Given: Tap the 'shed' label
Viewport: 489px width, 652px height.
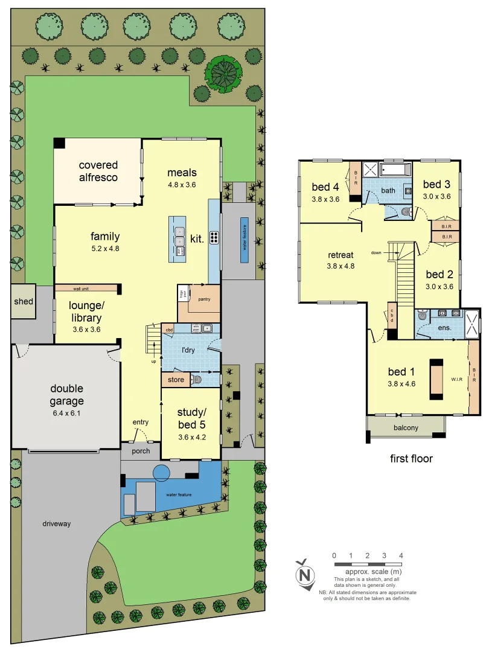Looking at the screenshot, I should click(x=24, y=301).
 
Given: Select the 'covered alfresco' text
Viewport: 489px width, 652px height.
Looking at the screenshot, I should click(x=98, y=171).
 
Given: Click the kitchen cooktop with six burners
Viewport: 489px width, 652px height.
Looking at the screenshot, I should click(x=214, y=238).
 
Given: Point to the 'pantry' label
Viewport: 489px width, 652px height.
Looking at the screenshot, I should click(x=204, y=299).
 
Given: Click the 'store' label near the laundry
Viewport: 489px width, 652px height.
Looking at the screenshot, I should click(x=176, y=380).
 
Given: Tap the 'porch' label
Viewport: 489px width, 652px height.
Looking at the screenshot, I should click(x=141, y=451).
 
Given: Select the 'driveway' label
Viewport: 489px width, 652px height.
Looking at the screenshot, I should click(x=56, y=523).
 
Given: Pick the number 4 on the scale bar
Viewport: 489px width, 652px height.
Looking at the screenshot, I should click(x=401, y=555).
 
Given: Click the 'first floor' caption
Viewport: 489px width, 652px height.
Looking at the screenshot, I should click(x=412, y=459).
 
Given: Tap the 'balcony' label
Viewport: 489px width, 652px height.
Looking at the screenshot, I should click(x=406, y=428).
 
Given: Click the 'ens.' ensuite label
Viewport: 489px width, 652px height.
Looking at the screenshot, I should click(x=444, y=328).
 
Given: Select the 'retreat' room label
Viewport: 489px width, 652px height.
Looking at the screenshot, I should click(x=340, y=254).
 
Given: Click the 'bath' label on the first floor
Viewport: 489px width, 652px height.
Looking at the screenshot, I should click(x=388, y=191).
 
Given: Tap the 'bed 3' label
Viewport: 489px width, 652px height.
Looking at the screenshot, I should click(x=436, y=184).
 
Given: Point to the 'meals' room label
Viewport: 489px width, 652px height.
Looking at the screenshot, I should click(x=182, y=173).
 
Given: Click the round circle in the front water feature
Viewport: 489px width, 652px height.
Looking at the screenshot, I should click(x=162, y=473).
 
